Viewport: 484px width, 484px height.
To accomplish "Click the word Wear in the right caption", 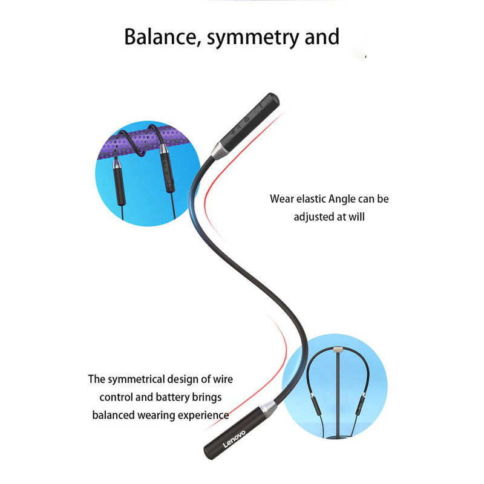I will coord(283,198).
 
